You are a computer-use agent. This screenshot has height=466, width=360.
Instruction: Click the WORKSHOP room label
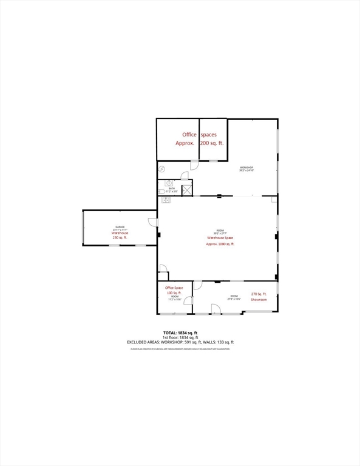coord(246,168)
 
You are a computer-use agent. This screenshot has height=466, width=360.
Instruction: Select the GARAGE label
coord(119,228)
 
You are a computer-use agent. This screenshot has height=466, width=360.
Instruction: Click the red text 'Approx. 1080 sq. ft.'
coord(220,244)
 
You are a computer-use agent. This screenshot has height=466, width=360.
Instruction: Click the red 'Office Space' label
coord(174,288)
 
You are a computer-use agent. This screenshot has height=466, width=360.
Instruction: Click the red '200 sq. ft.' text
coord(212,143)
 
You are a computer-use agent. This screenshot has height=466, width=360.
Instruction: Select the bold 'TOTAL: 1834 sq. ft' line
coord(180,333)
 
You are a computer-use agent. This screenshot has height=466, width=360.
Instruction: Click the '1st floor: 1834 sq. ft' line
coord(180,337)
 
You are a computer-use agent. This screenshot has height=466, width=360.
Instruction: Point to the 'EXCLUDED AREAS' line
coord(180,342)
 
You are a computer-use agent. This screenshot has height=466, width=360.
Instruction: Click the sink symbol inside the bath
coord(168,183)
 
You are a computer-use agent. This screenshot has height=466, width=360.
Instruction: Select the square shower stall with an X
coord(187,190)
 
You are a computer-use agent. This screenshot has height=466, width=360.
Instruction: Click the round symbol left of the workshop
coord(162,169)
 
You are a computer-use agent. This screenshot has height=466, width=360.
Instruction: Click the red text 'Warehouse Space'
coord(220,238)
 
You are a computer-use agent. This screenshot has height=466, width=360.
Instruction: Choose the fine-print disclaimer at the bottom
coord(180,349)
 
